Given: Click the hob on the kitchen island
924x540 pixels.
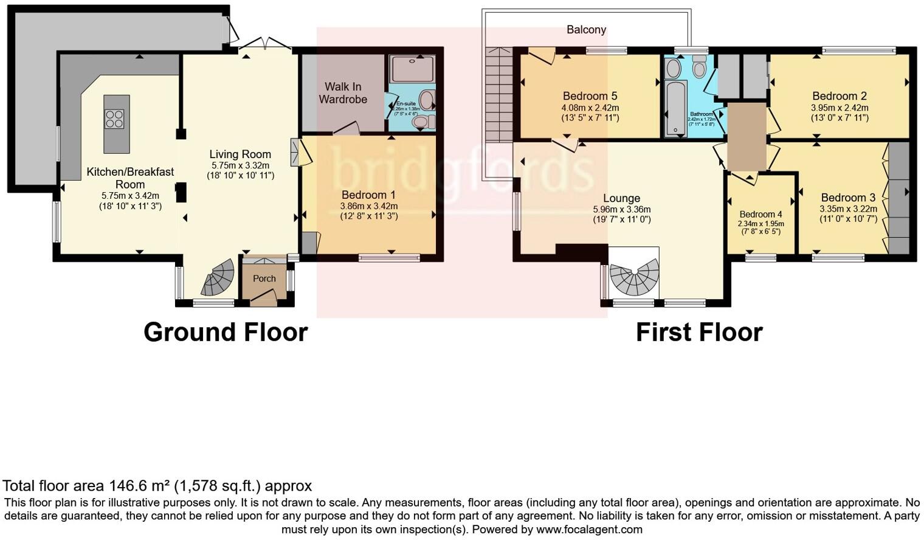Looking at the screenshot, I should (114, 119).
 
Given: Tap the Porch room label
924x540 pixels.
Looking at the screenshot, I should (264, 279).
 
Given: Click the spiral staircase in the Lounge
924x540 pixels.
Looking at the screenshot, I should (634, 278).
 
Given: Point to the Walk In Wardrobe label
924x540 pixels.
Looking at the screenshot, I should (343, 93).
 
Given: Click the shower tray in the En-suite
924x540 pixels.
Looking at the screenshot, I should (412, 69).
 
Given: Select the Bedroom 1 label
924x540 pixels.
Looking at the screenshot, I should (368, 195).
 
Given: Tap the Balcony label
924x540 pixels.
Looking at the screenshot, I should (586, 30).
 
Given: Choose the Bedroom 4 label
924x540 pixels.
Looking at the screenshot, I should (760, 214).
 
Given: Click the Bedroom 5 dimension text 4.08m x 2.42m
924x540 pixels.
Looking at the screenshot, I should (590, 108).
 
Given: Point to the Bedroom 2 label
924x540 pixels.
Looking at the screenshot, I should (840, 96).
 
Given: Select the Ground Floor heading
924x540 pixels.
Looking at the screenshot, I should (226, 333).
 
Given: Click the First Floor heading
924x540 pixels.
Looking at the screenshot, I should (699, 333).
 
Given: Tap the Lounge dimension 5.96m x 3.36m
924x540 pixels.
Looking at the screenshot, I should (621, 209).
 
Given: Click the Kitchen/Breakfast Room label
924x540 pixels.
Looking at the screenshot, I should (130, 178).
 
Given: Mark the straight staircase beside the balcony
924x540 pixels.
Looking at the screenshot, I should (498, 95).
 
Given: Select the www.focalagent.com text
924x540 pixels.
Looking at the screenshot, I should (589, 530).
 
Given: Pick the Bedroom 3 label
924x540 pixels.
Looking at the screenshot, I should (848, 198).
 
